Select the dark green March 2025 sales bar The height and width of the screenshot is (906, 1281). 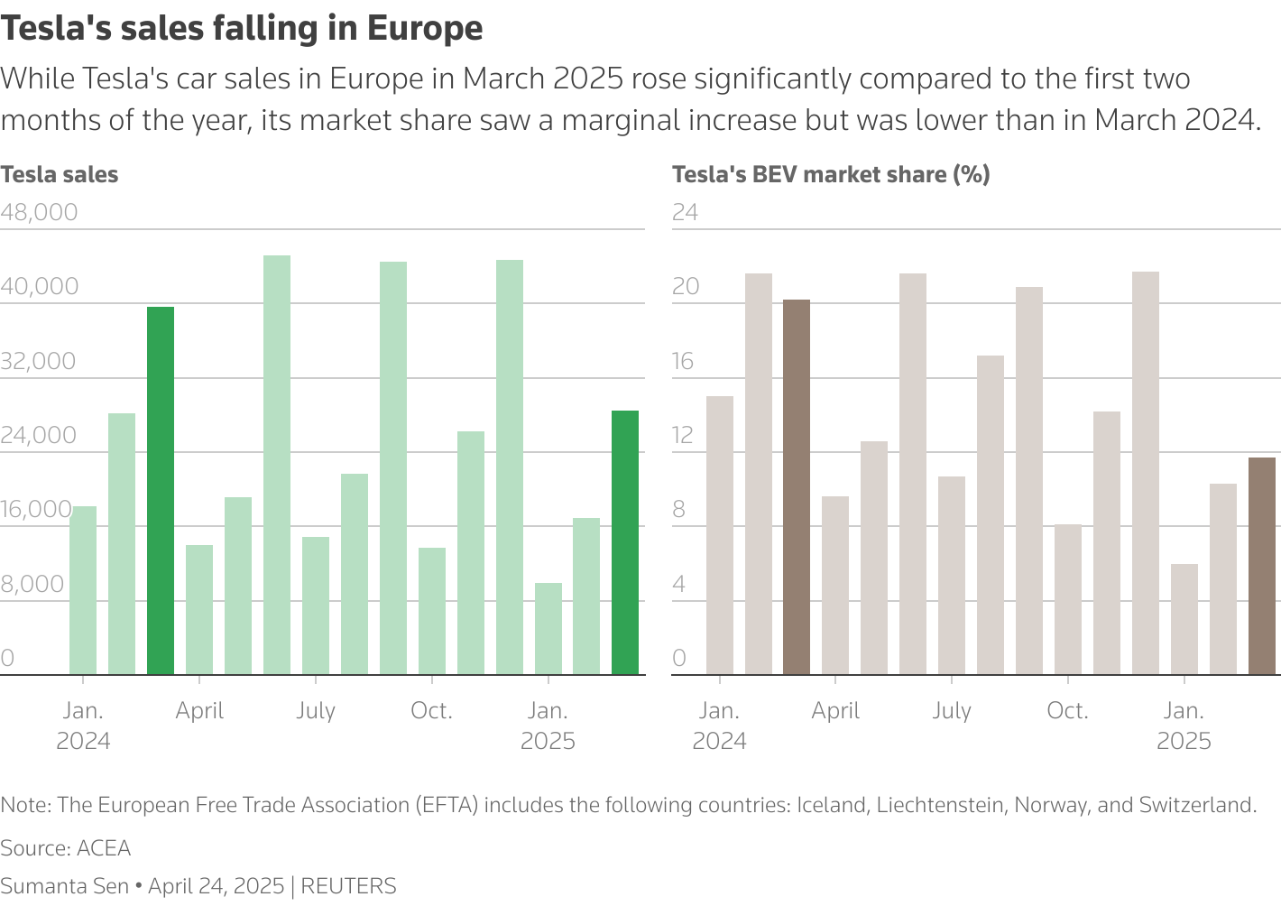coord(625,542)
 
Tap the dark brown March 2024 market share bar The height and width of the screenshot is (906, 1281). coord(797,486)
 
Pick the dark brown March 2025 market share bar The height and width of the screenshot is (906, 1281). coord(1262,566)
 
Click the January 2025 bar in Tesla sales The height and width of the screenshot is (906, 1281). coord(548,628)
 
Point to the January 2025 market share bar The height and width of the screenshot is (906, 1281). coord(1184,619)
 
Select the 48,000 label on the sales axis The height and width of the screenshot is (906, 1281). coord(39,212)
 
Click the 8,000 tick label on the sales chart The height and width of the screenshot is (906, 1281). coord(32,584)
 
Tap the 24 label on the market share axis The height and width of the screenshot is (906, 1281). coord(686,212)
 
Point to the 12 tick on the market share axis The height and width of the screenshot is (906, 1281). coord(684,435)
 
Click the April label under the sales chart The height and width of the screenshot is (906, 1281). coord(199,710)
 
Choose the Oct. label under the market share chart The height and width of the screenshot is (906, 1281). coord(1068,710)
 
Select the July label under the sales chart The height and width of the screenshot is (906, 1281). coord(316,710)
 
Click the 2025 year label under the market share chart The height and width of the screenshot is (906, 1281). coord(1184,741)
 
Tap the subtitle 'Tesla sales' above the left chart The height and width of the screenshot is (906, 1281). coord(60,174)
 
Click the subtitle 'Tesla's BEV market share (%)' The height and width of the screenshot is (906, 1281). coord(831,174)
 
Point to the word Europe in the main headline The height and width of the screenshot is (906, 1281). coord(425,28)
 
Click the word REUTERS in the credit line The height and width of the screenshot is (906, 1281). coord(348,885)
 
